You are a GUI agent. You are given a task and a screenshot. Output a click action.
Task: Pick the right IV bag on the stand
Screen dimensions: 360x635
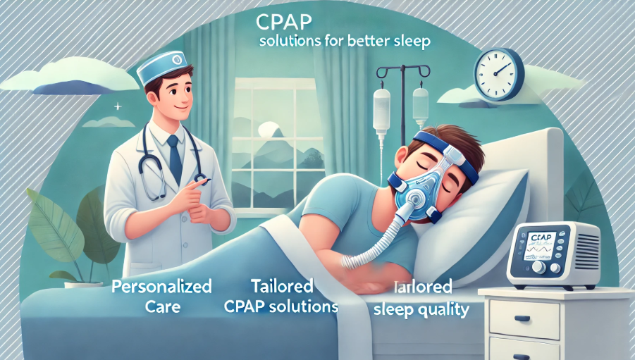[x=420, y=104]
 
